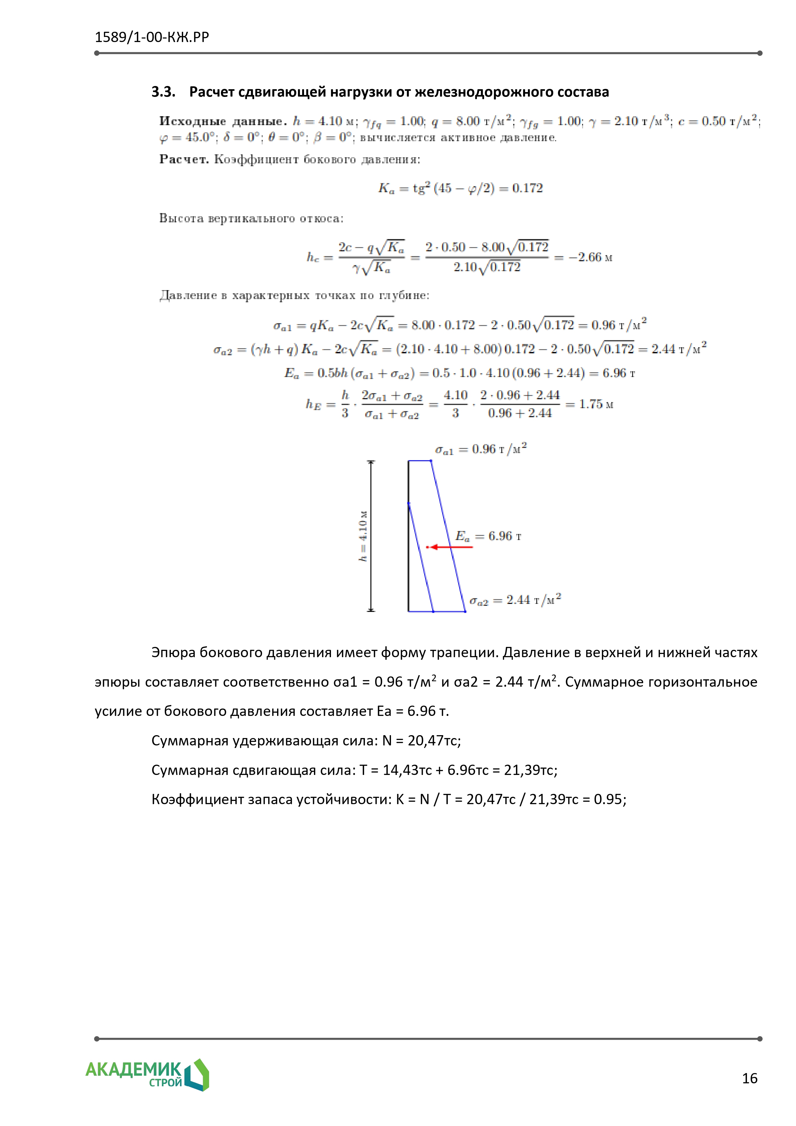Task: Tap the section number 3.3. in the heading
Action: (x=163, y=92)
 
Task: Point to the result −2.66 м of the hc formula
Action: (x=590, y=257)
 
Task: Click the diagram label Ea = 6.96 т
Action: (x=488, y=536)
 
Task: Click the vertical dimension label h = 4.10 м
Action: (x=363, y=536)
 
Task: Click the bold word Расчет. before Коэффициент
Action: (x=184, y=159)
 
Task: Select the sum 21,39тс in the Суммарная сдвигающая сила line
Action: (x=530, y=770)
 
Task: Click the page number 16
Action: (x=749, y=1079)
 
